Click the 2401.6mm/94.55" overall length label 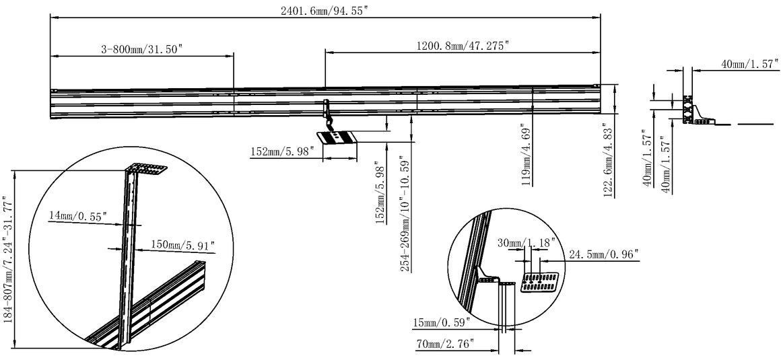coord(325,11)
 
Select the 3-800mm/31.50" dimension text coord(142,48)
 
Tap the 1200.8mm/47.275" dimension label coord(463,46)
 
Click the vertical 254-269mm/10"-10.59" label coord(405,214)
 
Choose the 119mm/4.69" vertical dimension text coord(526,154)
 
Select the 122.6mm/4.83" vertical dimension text coord(608,160)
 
